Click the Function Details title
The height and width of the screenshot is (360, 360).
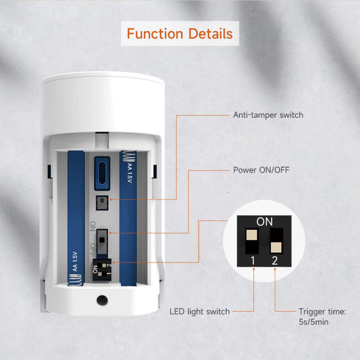coord(180,34)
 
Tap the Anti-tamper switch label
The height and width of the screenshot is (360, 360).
coord(268,115)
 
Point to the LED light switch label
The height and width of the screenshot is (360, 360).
coord(200,311)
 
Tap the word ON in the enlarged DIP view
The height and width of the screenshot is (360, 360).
coord(265,222)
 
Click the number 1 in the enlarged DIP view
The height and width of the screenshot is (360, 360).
coord(253,260)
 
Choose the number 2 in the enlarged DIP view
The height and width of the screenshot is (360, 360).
coord(274,260)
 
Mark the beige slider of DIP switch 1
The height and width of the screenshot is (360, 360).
coord(252,235)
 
